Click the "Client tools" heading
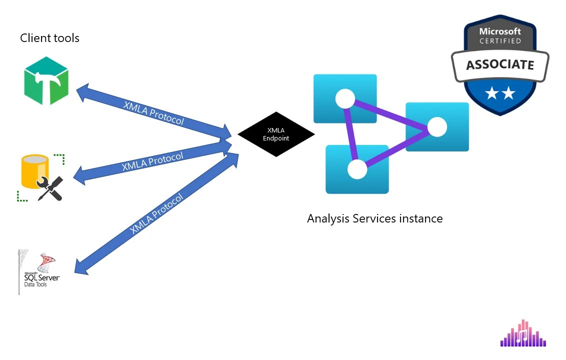coord(49,38)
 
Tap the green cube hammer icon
coord(46,80)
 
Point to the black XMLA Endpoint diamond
coord(276,134)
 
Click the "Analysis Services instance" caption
coord(374,218)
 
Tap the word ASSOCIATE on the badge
coord(499,65)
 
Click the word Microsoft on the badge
coord(500,31)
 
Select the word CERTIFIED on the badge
coord(500,41)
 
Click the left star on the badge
coord(491,93)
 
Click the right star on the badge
coord(508,93)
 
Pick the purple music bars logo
coord(523,333)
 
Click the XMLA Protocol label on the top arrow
coord(153,113)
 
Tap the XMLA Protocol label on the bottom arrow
coord(156,213)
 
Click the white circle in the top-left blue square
coord(345,98)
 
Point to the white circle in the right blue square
coord(437,127)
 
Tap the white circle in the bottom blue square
coord(357,169)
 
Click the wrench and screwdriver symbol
coord(50,188)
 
